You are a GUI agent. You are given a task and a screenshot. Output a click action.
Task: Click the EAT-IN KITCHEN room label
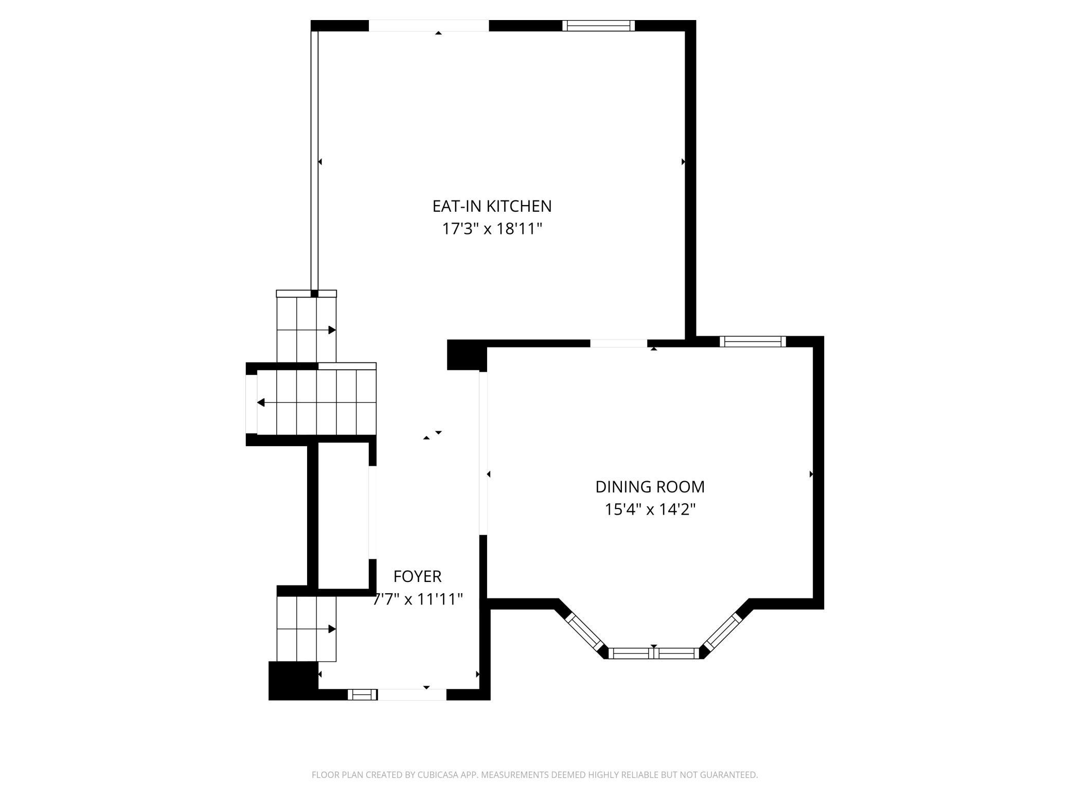(x=492, y=206)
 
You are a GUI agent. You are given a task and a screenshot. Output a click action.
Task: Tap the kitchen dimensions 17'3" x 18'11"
(x=492, y=228)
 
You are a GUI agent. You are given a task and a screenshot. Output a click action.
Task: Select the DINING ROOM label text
(x=650, y=486)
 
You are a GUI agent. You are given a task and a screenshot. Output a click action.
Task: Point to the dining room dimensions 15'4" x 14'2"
(x=650, y=509)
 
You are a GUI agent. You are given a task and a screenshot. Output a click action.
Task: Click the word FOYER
(x=417, y=576)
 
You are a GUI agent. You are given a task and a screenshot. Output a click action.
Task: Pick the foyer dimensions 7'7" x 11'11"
(x=418, y=599)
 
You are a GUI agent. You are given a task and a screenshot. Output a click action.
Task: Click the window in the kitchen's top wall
(x=598, y=26)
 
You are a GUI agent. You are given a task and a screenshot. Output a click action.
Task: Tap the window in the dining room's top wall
(x=753, y=341)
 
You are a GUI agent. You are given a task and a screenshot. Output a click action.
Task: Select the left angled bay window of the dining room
(x=584, y=632)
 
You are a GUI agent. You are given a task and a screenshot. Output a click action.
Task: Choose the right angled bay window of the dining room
(x=722, y=632)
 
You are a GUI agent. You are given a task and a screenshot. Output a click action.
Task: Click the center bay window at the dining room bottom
(x=653, y=653)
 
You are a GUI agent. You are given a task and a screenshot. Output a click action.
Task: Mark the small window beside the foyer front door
(x=363, y=695)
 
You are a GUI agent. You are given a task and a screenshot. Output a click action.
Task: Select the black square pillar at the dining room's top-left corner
(x=467, y=355)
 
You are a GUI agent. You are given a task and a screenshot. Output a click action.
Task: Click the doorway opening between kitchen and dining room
(x=618, y=343)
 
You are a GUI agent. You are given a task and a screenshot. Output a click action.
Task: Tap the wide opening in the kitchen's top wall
(x=429, y=26)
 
